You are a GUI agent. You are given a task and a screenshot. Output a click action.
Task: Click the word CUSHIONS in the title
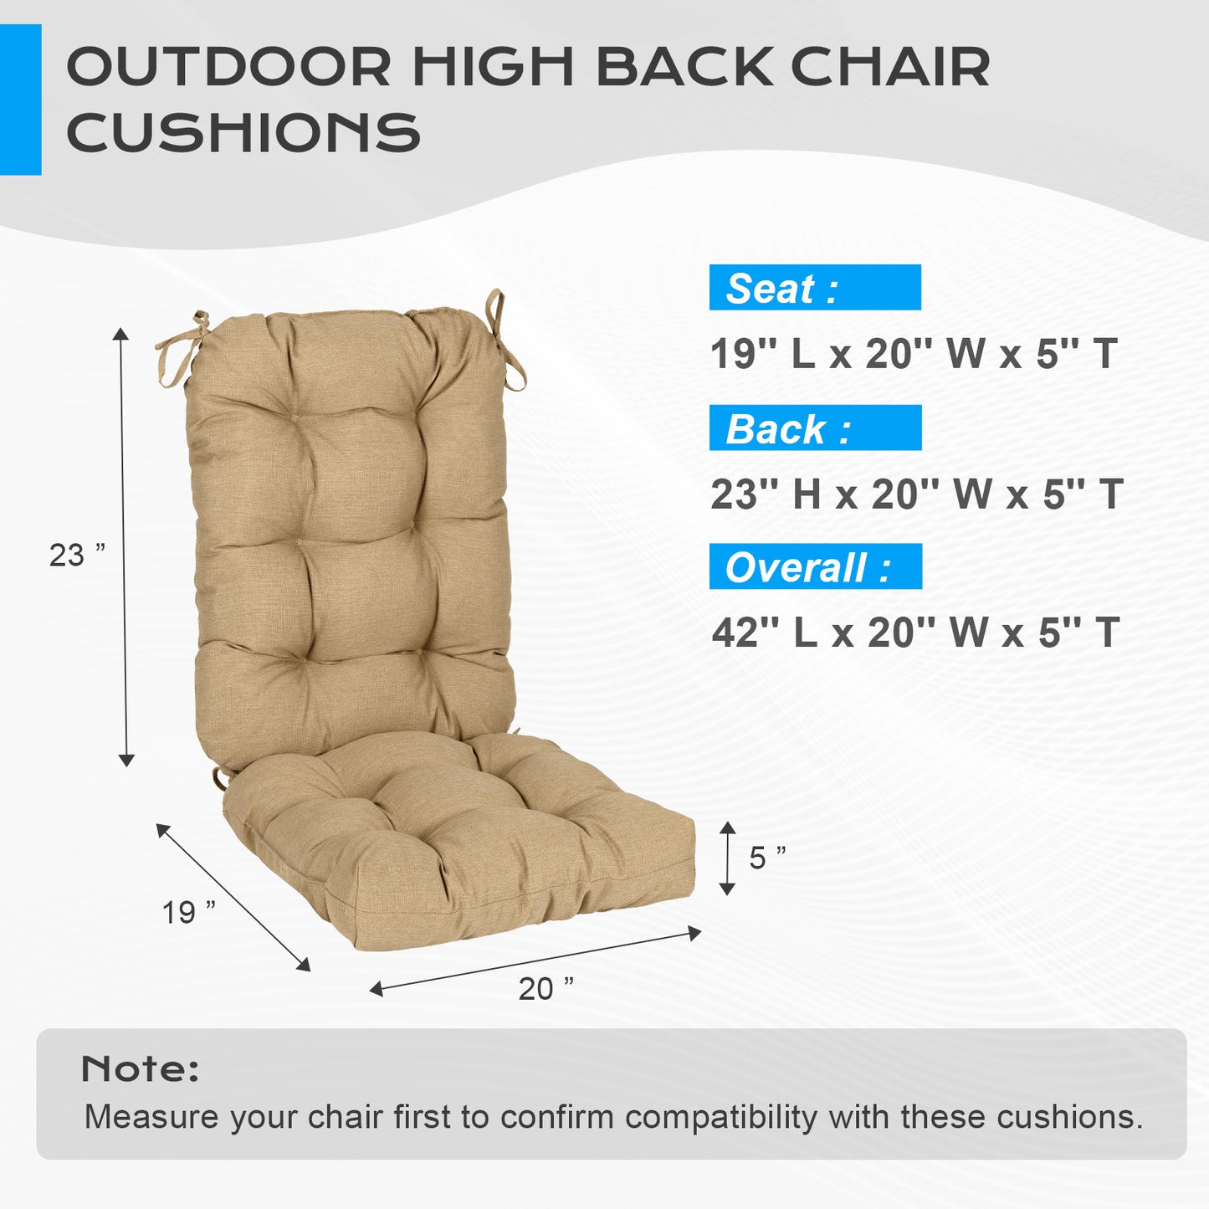click(243, 133)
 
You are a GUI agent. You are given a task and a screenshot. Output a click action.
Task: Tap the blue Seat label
click(814, 288)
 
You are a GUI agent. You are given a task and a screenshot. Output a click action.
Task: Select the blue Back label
click(814, 428)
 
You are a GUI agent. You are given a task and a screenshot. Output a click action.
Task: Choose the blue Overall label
click(815, 567)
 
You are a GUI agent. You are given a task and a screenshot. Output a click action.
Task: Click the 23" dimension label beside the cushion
click(77, 555)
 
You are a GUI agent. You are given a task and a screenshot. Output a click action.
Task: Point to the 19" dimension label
click(188, 911)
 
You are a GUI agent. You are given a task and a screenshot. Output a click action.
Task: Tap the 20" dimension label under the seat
click(546, 988)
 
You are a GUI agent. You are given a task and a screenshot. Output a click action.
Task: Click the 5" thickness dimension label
click(766, 858)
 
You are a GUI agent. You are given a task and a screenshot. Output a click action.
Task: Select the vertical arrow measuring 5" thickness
click(727, 858)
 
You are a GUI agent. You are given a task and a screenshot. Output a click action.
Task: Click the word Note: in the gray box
click(140, 1068)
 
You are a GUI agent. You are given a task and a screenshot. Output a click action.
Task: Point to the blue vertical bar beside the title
click(20, 100)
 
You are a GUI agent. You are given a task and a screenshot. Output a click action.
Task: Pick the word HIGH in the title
click(493, 67)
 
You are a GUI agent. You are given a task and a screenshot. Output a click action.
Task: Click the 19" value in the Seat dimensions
click(734, 354)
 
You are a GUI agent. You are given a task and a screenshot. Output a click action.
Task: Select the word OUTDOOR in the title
click(228, 67)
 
